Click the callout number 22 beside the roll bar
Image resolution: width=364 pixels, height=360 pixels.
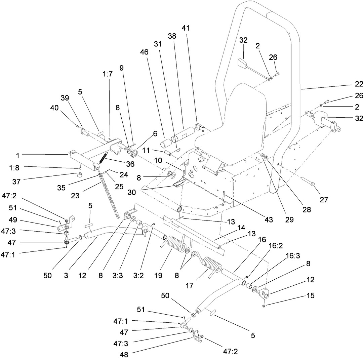coord(350,84)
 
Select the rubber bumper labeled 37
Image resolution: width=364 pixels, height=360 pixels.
coord(80,174)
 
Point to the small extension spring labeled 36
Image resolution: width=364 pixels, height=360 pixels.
coord(103,158)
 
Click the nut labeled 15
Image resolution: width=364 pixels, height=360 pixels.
coord(264,306)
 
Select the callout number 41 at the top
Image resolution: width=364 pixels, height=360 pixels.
coord(186,28)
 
